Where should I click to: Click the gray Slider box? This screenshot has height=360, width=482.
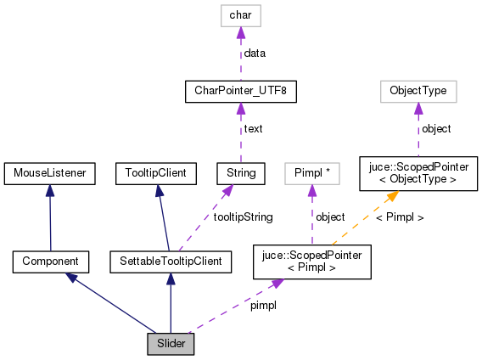click(x=170, y=344)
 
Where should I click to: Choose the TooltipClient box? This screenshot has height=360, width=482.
click(x=155, y=174)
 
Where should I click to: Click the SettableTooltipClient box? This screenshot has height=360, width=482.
click(x=171, y=262)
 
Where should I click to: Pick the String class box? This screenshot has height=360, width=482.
click(x=241, y=174)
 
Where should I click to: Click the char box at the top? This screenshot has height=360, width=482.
click(x=241, y=15)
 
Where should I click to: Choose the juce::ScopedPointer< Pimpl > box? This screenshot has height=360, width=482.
click(x=311, y=262)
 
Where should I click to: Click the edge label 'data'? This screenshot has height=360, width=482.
click(x=255, y=53)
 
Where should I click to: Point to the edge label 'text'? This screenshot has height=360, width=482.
click(x=253, y=129)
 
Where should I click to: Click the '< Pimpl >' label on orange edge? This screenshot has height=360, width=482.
click(x=399, y=217)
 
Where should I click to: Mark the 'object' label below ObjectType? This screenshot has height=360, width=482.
click(x=436, y=129)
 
